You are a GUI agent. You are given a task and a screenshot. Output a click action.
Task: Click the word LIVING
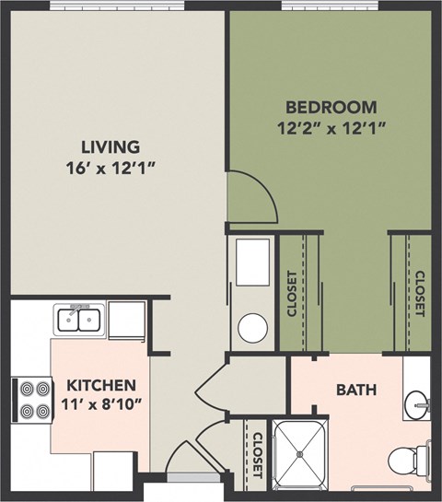pos(109,146)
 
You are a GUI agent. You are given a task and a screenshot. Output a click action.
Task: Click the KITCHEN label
pos(100,385)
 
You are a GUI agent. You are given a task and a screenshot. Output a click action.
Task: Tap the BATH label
pos(355,391)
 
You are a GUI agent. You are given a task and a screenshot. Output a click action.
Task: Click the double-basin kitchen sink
pos(78,320)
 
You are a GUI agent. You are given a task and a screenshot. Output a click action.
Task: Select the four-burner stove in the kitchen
pos(30,401)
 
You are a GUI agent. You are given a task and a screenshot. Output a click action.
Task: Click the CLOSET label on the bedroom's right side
pos(419,294)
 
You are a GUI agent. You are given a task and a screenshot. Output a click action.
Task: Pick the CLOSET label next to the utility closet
pos(292,294)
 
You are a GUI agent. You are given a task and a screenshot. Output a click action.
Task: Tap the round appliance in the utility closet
pos(250,327)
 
